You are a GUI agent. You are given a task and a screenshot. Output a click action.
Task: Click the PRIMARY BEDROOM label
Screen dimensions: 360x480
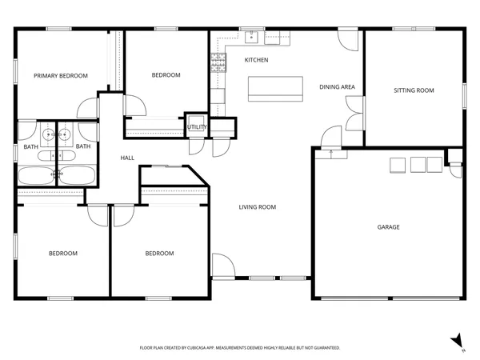click(60, 76)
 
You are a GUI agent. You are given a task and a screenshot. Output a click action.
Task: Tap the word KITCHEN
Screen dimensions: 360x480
click(256, 61)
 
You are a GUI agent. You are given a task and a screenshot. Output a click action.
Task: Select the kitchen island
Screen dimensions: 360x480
click(275, 88)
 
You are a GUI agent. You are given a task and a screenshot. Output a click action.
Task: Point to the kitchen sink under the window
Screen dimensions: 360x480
click(252, 36)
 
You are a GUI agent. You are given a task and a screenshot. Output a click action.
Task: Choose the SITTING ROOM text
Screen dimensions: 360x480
click(414, 90)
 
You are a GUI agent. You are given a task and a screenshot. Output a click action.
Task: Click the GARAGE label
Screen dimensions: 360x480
click(389, 227)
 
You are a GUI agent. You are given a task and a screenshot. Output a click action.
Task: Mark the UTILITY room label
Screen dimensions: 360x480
click(197, 127)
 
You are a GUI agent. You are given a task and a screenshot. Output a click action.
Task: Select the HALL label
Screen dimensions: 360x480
click(127, 158)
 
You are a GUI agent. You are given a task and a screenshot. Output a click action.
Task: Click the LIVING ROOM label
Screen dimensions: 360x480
click(258, 207)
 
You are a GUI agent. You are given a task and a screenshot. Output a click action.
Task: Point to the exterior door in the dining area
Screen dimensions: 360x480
click(346, 38)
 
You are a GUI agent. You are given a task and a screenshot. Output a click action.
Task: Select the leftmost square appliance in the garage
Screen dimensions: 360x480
click(397, 165)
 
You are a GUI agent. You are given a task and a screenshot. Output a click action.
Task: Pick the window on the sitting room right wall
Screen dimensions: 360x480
click(465, 93)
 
